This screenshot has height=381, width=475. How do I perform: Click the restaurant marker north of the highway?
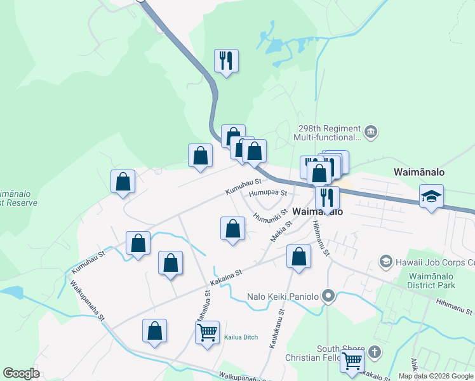(226, 61)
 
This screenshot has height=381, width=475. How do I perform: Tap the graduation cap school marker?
(431, 196)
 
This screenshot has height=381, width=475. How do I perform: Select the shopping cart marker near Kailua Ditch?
(208, 332)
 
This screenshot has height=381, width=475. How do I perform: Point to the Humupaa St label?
(269, 192)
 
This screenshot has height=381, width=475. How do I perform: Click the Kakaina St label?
(227, 276)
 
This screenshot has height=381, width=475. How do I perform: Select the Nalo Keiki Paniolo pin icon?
(328, 295)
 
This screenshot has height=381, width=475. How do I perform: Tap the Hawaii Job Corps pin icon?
(385, 262)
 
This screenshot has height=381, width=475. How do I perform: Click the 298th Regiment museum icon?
(371, 132)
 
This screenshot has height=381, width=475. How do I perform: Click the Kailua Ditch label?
(241, 337)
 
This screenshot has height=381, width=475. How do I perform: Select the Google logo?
(22, 373)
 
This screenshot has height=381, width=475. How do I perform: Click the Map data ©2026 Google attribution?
(436, 376)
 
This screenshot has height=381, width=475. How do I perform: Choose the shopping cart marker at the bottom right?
(352, 361)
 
